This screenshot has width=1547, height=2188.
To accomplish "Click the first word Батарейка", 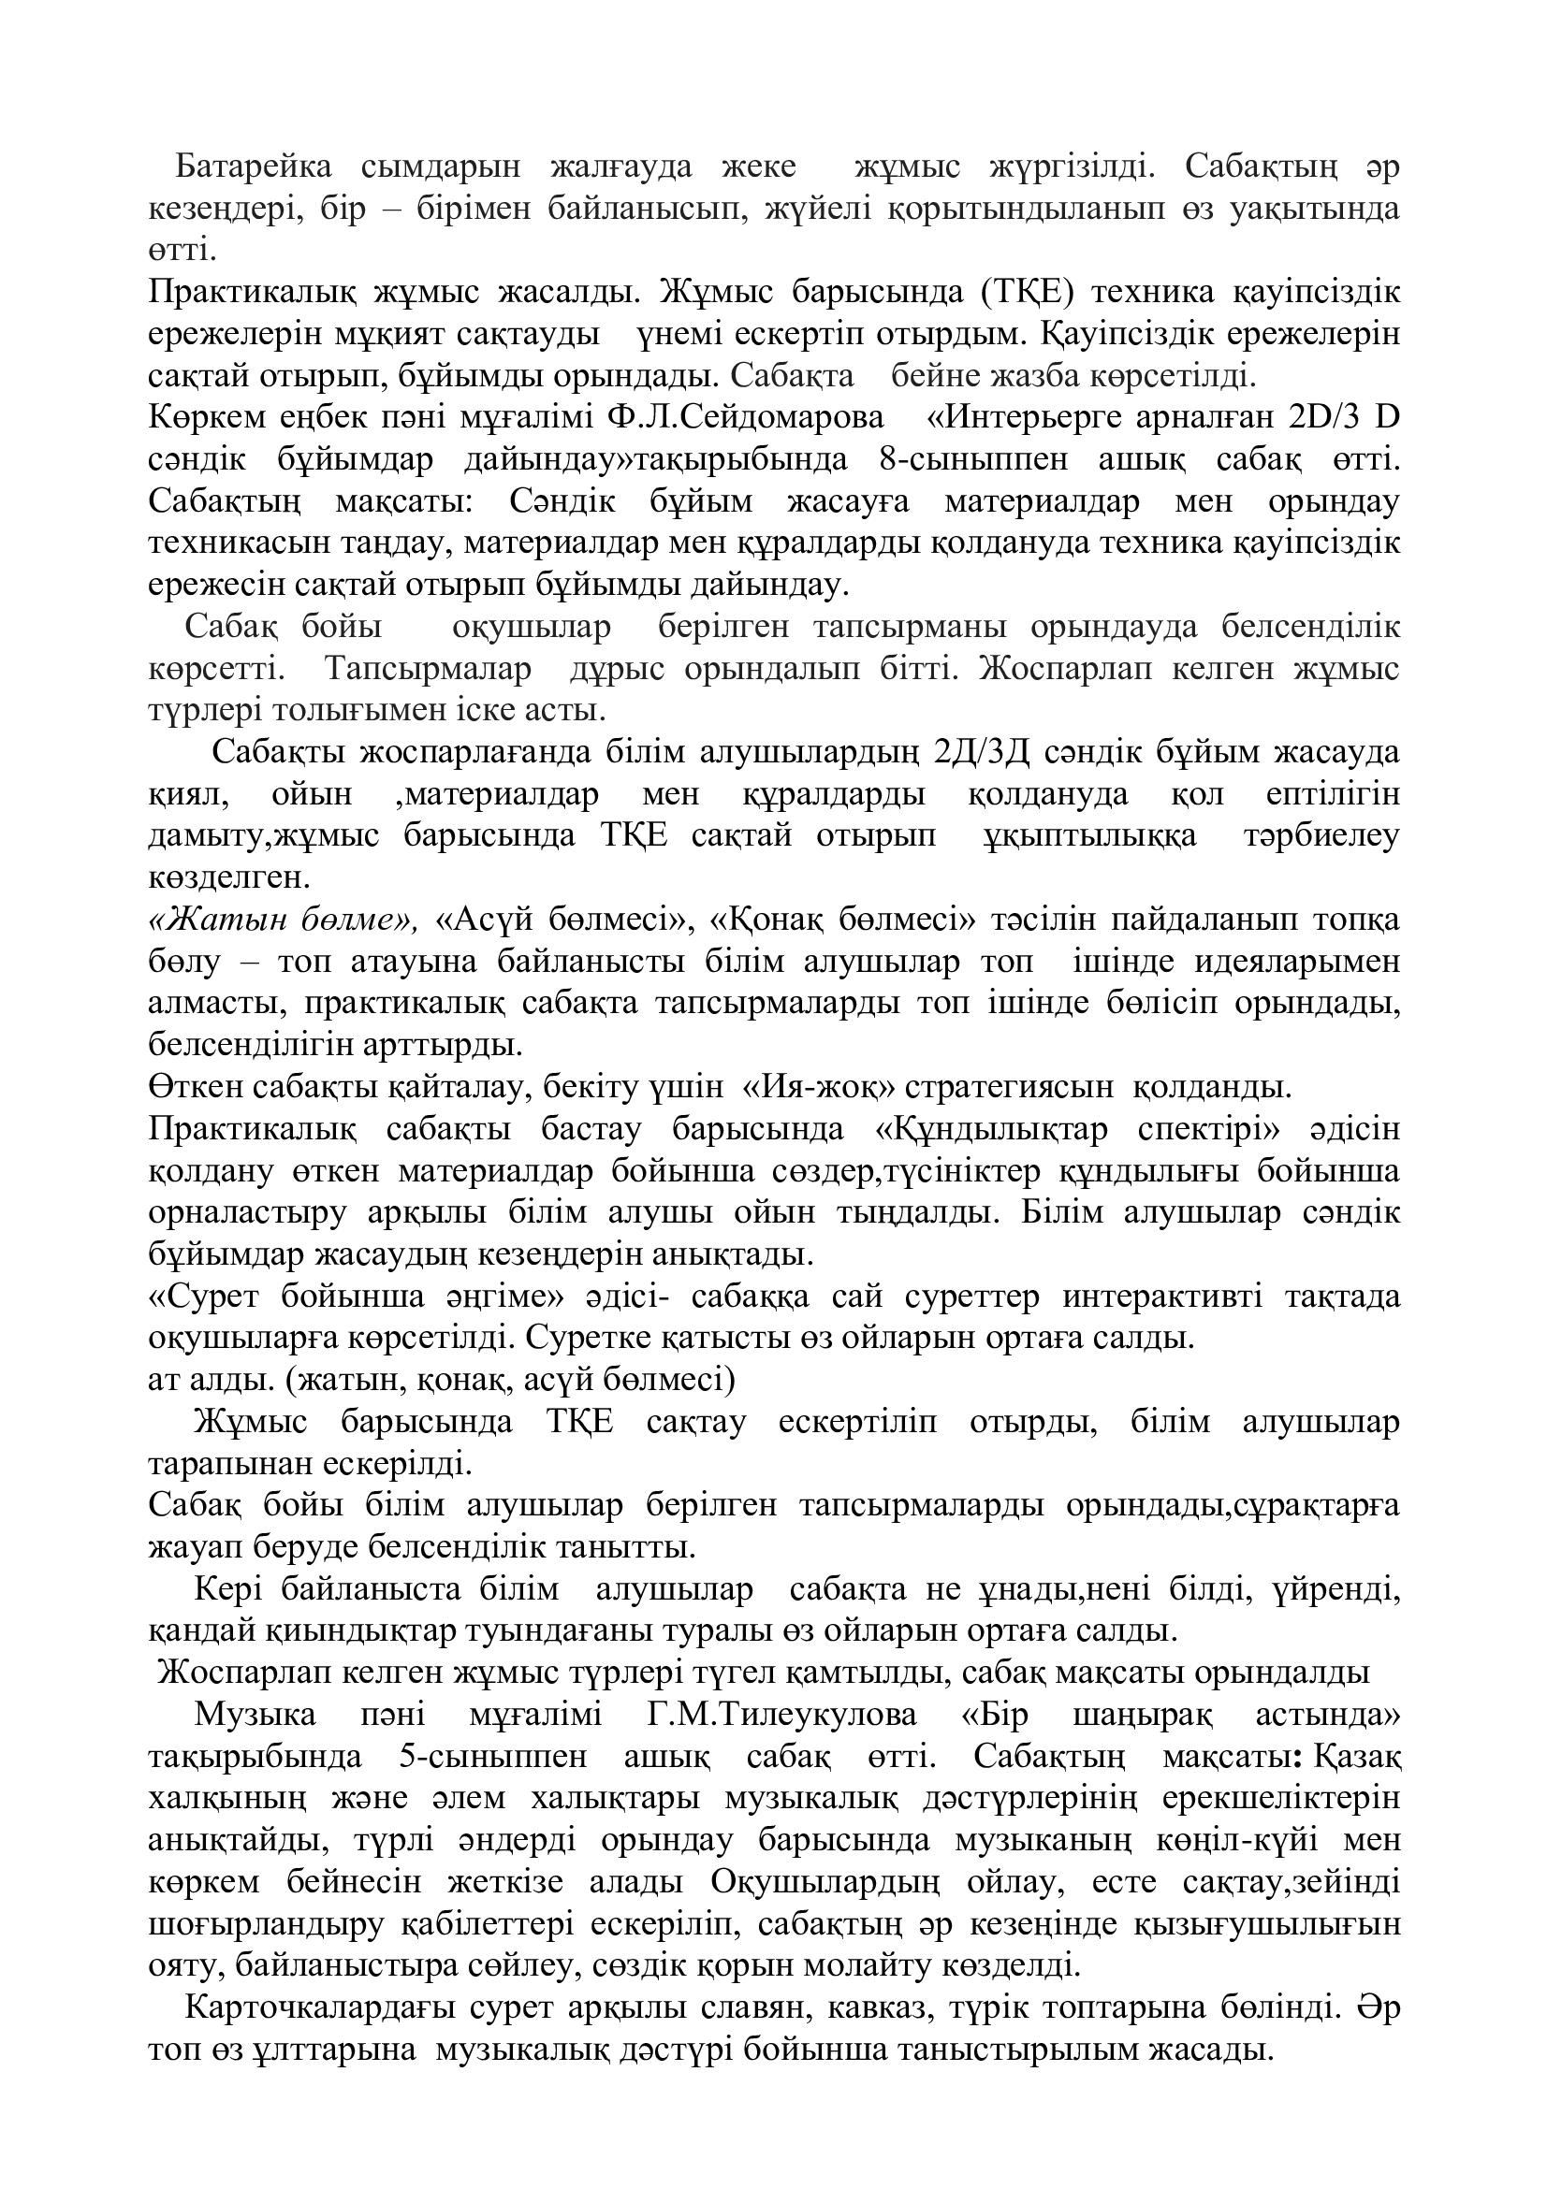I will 254,167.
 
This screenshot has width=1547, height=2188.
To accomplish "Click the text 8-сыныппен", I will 974,459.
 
